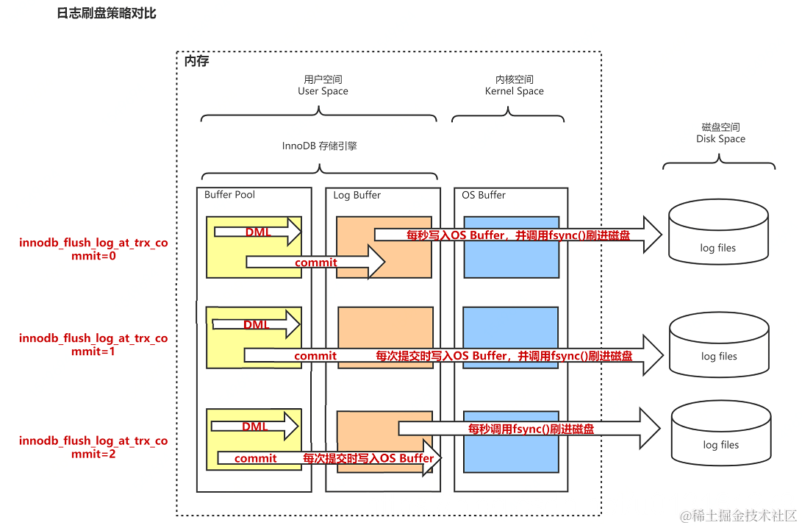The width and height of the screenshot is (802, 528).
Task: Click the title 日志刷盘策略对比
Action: (107, 14)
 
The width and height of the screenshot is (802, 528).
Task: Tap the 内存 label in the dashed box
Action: (196, 61)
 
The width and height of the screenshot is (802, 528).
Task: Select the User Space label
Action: (323, 85)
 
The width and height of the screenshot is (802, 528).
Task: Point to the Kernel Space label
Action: (514, 85)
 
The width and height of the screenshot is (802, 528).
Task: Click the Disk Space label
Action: (720, 133)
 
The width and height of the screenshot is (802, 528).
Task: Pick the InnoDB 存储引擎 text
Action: (320, 146)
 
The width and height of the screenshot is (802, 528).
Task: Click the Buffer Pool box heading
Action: (229, 195)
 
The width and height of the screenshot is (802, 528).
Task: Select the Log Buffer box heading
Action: (357, 195)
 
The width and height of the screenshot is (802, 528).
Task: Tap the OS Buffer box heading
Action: (484, 195)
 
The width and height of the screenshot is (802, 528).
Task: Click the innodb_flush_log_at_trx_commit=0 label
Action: (93, 249)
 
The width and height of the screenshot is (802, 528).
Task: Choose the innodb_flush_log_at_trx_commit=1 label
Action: (93, 345)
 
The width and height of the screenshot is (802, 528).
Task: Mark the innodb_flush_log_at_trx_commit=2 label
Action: (93, 447)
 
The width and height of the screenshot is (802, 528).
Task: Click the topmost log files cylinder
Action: (718, 234)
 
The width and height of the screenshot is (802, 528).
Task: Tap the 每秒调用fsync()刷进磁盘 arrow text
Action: (531, 428)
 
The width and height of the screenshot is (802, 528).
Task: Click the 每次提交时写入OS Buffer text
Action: (368, 458)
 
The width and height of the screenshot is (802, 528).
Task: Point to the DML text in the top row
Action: (257, 232)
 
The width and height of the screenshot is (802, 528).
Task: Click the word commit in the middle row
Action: (315, 356)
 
